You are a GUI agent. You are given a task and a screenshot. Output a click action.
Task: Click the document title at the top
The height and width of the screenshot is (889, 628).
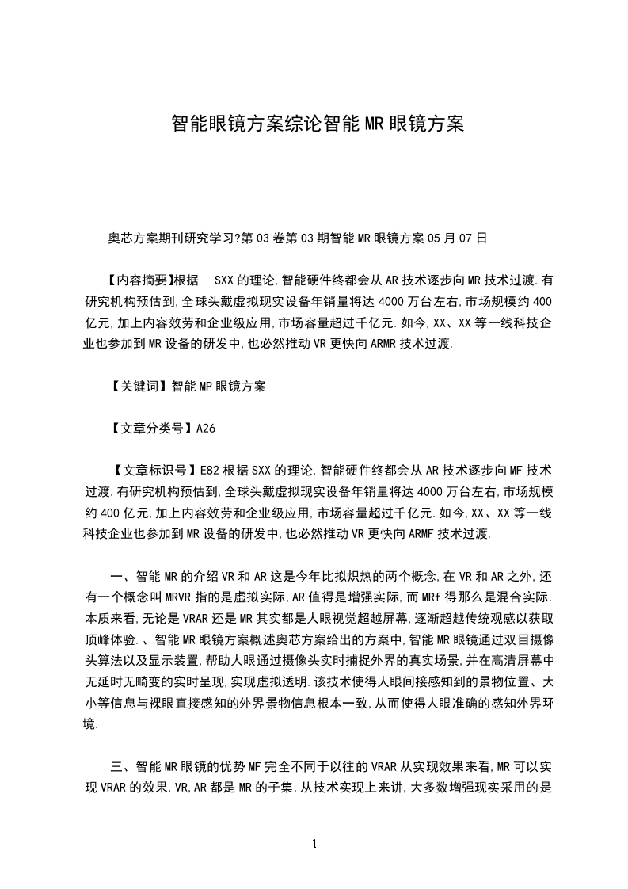click(317, 124)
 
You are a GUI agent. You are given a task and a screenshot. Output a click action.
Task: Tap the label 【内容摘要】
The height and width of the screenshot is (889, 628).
click(138, 280)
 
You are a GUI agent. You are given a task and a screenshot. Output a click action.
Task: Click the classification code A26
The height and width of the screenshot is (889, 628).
click(205, 429)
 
